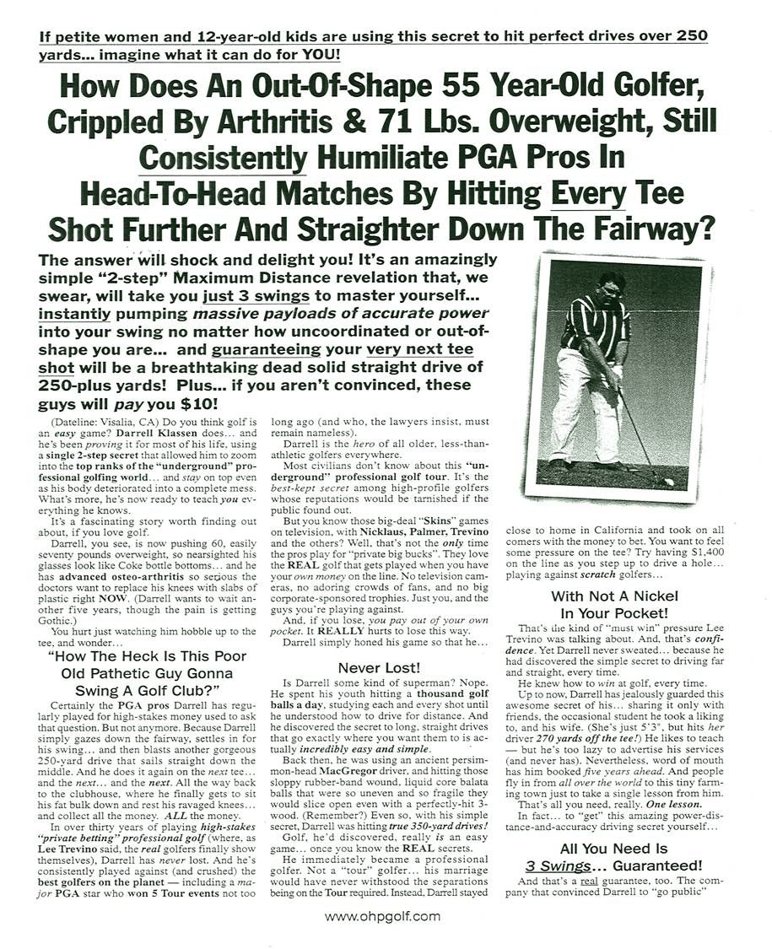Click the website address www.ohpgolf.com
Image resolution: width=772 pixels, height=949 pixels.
[382, 916]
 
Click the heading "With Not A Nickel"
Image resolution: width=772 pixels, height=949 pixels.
[613, 596]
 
